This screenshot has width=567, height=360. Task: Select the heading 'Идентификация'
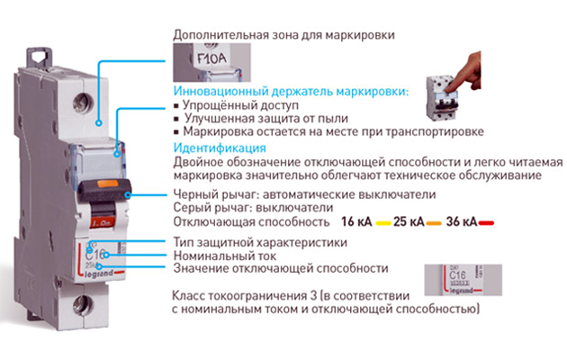pos(219,148)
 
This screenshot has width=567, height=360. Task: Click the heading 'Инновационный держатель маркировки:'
pos(290,92)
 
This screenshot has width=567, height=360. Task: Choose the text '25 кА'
pos(410,220)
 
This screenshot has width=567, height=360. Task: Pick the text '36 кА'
pos(463,220)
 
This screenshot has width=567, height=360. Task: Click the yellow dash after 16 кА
pos(384,221)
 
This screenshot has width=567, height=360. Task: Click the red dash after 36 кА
pos(488,221)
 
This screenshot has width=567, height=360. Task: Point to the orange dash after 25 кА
pos(436,221)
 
